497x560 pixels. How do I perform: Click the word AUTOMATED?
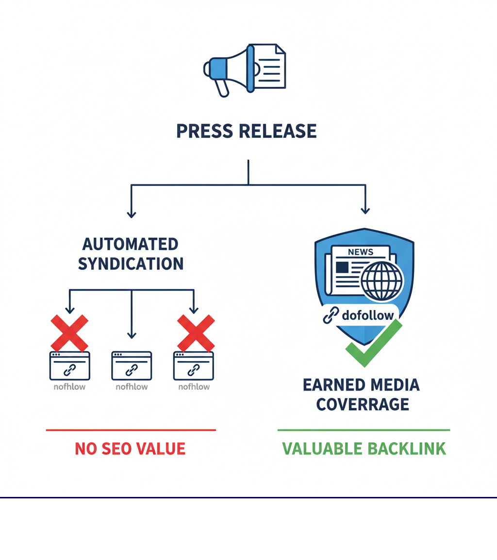click(x=131, y=244)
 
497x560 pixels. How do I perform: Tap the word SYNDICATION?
click(x=131, y=264)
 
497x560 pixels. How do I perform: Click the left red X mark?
click(x=69, y=333)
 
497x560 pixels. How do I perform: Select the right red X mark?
click(x=196, y=333)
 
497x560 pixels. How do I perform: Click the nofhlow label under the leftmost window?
click(x=69, y=387)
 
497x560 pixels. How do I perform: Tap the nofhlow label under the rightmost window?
click(x=194, y=387)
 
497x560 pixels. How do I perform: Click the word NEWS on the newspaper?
click(x=360, y=252)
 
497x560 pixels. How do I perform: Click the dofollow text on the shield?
click(x=367, y=316)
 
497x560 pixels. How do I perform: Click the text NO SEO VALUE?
click(x=130, y=448)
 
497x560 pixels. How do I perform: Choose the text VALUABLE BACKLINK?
click(x=364, y=448)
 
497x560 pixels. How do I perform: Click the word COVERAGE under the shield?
click(x=362, y=404)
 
